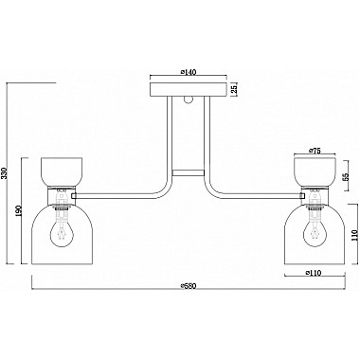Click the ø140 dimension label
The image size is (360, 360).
pos(189,72)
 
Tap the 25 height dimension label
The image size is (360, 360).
pos(234,89)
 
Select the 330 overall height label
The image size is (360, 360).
pos(4,173)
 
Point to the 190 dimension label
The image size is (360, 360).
pos(18,210)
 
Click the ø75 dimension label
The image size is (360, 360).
pos(315,151)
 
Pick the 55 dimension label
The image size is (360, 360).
pos(345,176)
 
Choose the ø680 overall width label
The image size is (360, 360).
pos(189,286)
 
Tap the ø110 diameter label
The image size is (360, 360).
pos(314,273)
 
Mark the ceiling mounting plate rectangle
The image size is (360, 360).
pos(189,89)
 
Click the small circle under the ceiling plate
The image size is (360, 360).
pos(189,99)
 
